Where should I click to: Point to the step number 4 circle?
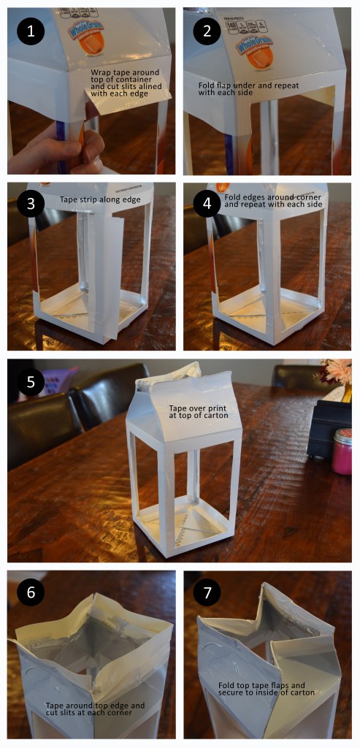[x=207, y=203]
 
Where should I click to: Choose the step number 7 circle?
[x=207, y=592]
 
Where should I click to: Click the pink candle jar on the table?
[x=341, y=451]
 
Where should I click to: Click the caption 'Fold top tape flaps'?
[x=266, y=687]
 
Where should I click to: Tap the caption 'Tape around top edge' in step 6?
[x=95, y=710]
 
